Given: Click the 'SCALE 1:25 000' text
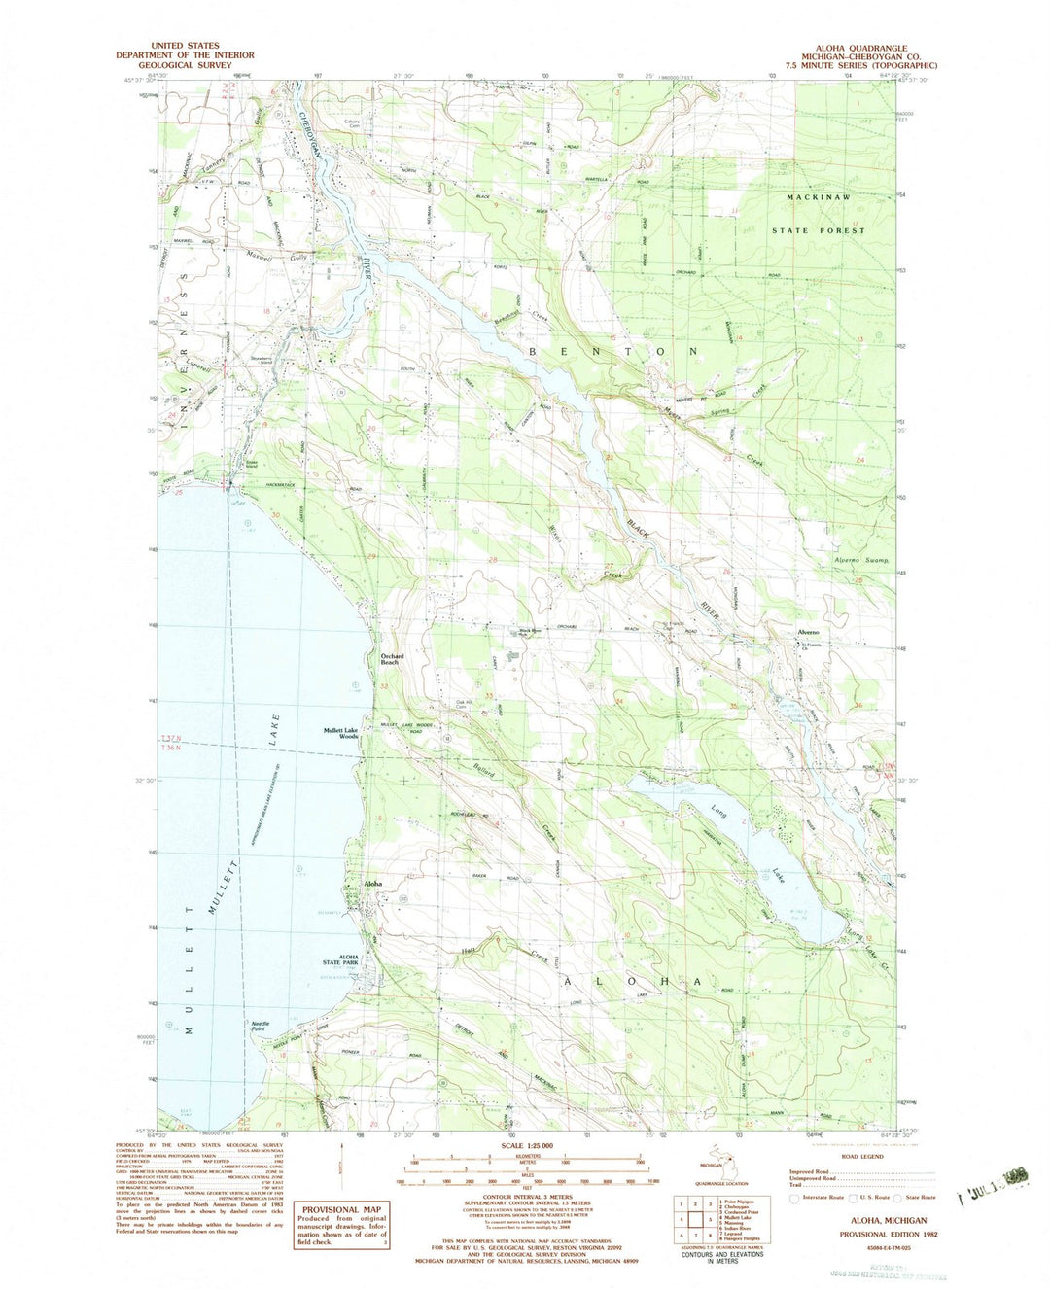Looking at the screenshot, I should point(526,1146).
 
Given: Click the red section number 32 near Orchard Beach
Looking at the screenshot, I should point(385,686).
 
